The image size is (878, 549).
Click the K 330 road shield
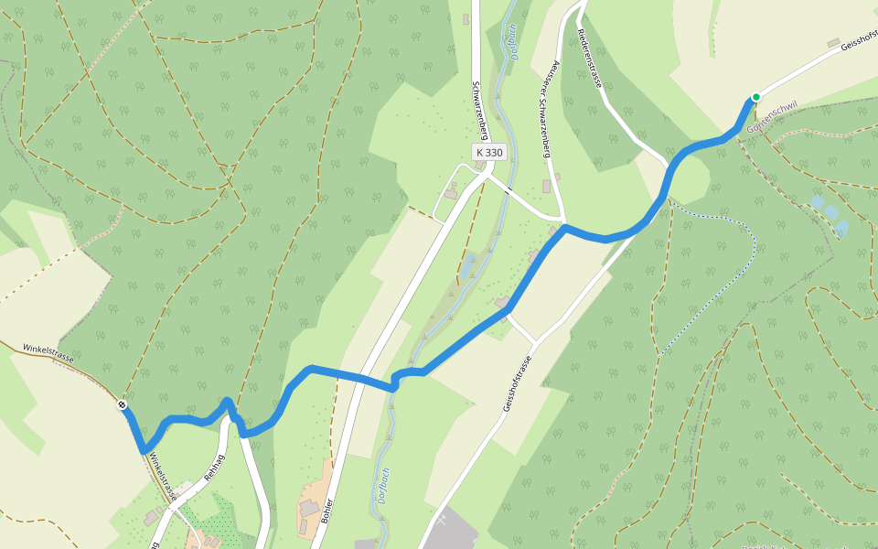489,153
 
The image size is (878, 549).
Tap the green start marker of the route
756,97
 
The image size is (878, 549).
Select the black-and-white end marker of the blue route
122,404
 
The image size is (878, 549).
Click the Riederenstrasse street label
590,57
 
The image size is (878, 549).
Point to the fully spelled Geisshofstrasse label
517,383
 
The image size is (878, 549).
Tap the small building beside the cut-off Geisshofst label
833,43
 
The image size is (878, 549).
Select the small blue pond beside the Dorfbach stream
469,266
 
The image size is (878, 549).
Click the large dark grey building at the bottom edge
453,531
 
